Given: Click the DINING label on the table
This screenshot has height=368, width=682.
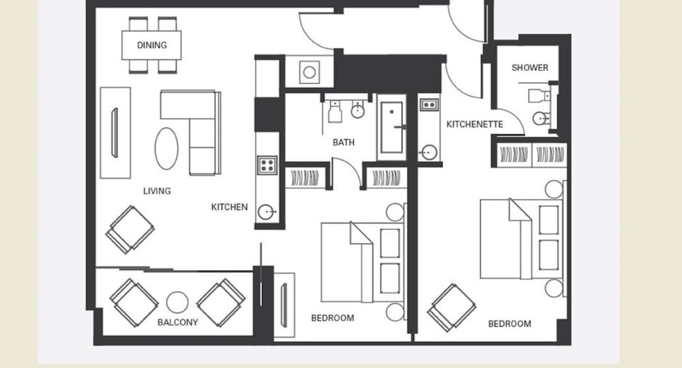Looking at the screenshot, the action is click(x=152, y=45).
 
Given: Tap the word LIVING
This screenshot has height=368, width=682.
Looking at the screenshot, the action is click(x=157, y=191).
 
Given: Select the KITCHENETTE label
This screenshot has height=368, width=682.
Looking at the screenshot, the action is click(x=475, y=124).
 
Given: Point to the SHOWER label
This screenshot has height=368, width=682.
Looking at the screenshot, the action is click(x=530, y=67).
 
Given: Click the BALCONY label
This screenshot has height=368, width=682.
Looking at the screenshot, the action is click(x=177, y=322).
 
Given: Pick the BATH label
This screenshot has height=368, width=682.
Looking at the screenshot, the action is click(x=344, y=142).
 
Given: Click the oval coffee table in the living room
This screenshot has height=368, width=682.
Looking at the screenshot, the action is click(x=166, y=148).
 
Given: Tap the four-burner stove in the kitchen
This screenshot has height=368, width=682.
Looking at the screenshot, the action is click(x=267, y=165).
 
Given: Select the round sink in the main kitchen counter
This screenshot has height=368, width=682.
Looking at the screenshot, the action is click(x=266, y=212).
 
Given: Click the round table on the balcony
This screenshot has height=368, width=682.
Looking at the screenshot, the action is click(x=177, y=302).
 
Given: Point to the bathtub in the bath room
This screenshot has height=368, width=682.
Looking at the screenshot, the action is click(x=391, y=127).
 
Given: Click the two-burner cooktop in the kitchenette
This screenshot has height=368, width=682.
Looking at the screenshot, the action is click(x=429, y=105).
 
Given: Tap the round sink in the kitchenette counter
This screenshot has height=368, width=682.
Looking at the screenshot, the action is click(x=429, y=153).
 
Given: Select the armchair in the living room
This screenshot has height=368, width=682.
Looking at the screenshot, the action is click(x=130, y=230).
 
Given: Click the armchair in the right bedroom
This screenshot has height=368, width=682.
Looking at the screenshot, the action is click(x=451, y=307).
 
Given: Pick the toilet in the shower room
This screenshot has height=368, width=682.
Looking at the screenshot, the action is click(x=539, y=95).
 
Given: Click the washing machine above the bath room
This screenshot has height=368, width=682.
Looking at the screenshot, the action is click(x=309, y=72).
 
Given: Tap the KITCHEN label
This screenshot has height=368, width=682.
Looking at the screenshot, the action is click(x=229, y=207).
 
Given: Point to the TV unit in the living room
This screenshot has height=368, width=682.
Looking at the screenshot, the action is click(x=115, y=133).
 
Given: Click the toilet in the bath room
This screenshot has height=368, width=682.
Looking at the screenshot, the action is click(x=334, y=111).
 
